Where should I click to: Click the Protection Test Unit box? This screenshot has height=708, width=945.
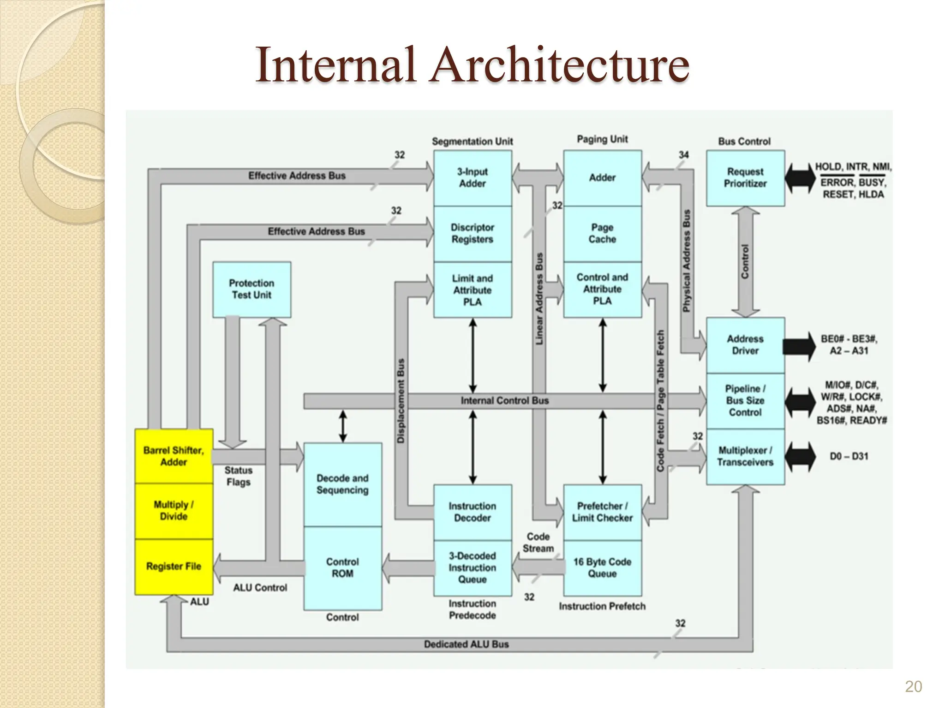(251, 289)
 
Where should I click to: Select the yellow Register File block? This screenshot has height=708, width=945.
(173, 566)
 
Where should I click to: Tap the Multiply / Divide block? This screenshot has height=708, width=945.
(173, 511)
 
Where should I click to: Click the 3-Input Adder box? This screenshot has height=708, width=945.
(472, 177)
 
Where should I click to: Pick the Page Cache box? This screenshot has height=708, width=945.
(602, 233)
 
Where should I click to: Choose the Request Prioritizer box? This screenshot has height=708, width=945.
(745, 177)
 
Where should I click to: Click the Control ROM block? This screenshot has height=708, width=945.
(342, 568)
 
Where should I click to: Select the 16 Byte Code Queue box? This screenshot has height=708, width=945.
(602, 567)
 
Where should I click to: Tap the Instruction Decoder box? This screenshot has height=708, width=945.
(472, 512)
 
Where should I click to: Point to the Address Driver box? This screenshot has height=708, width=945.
(745, 345)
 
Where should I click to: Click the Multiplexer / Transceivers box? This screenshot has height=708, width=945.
(745, 456)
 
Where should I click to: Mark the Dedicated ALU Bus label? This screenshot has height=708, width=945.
(466, 644)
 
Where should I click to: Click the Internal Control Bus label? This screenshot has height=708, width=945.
(505, 401)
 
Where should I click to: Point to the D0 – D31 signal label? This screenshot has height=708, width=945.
(849, 456)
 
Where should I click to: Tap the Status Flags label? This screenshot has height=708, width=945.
(238, 476)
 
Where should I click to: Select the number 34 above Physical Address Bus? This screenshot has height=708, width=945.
(683, 155)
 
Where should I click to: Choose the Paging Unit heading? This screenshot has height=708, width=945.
(602, 139)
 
